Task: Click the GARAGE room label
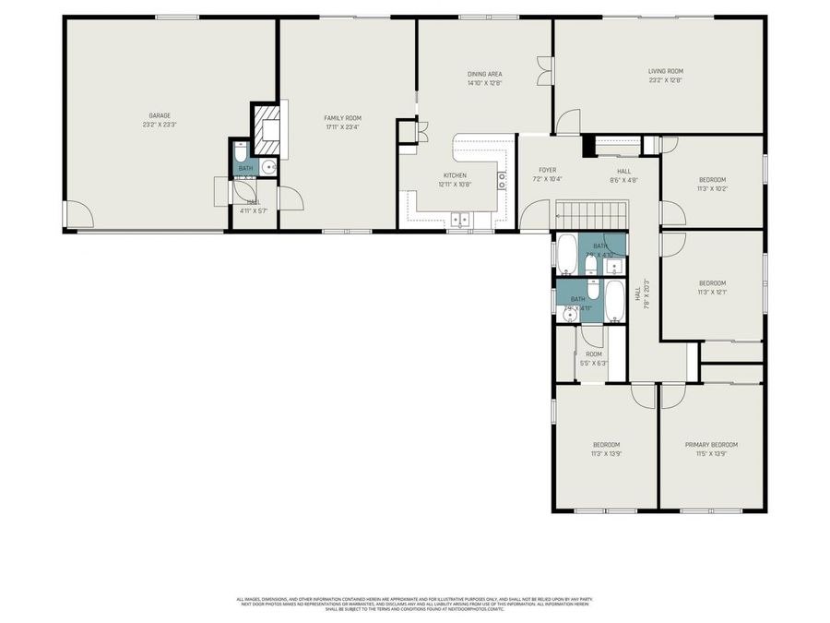click(x=160, y=115)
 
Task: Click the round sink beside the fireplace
click(x=268, y=167)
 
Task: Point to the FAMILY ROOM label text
click(x=341, y=118)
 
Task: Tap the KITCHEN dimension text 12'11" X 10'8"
click(x=455, y=184)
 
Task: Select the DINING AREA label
click(x=484, y=74)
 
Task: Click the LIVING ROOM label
click(x=664, y=71)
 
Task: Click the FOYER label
click(x=548, y=170)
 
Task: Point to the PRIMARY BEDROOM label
click(x=711, y=445)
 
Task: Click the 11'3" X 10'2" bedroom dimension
click(x=712, y=188)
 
